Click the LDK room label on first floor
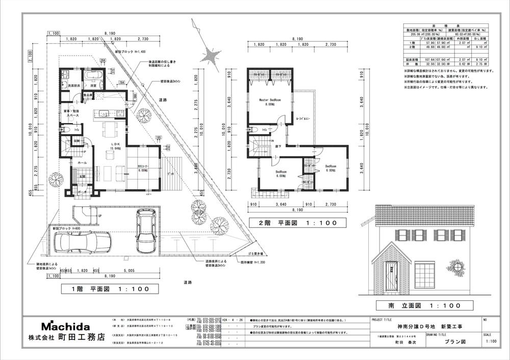pyautogui.click(x=116, y=146)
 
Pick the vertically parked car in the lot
pyautogui.click(x=145, y=233)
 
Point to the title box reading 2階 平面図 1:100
pyautogui.click(x=296, y=223)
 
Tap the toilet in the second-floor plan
pyautogui.click(x=253, y=130)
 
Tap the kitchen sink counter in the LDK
pyautogui.click(x=104, y=114)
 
